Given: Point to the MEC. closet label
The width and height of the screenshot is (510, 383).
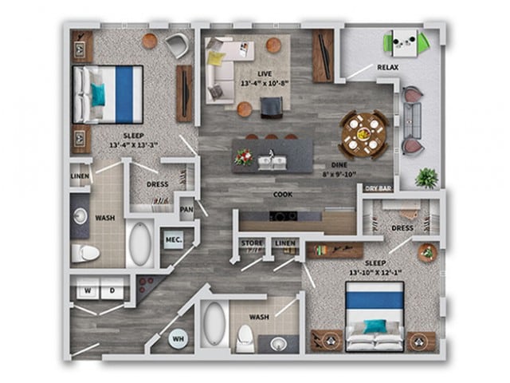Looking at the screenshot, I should point(174,239).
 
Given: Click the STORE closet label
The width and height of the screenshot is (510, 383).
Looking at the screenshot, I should point(252,243).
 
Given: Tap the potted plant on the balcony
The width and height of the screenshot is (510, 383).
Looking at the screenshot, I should point(426,177).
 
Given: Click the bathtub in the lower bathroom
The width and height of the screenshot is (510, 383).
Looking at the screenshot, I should point(213,324).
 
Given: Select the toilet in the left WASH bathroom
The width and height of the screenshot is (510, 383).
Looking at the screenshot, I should point(84,253).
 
